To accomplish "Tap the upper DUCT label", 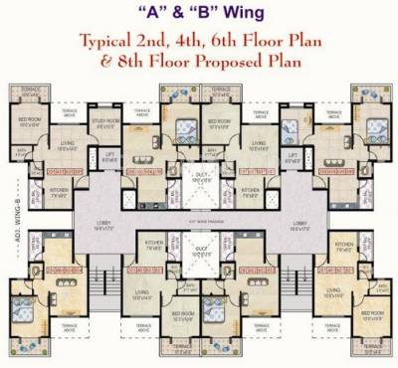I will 201,178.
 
